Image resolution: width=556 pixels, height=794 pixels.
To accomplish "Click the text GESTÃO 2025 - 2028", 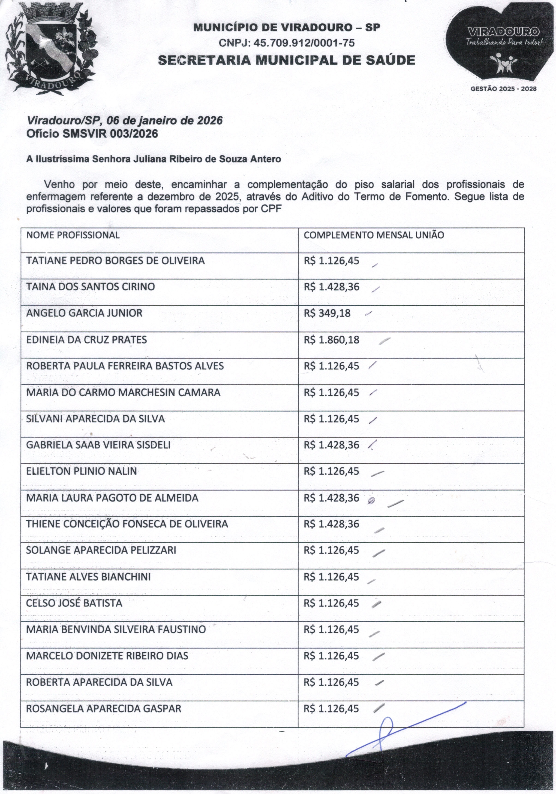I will [503, 88].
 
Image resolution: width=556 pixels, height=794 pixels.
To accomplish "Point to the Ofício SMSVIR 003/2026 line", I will [92, 134].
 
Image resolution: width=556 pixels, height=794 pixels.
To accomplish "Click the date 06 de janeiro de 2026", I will [164, 120].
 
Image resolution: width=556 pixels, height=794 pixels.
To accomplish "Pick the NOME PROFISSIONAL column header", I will [73, 235].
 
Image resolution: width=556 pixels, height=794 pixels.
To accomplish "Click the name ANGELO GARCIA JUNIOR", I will [84, 313].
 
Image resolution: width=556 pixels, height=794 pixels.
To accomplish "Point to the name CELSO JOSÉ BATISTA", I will [74, 603].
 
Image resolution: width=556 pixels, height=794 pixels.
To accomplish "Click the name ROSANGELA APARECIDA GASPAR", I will [104, 709].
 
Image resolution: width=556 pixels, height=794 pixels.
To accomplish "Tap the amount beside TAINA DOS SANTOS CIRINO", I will [331, 287].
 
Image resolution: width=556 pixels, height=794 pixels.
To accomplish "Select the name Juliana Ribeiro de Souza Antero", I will [207, 159].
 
